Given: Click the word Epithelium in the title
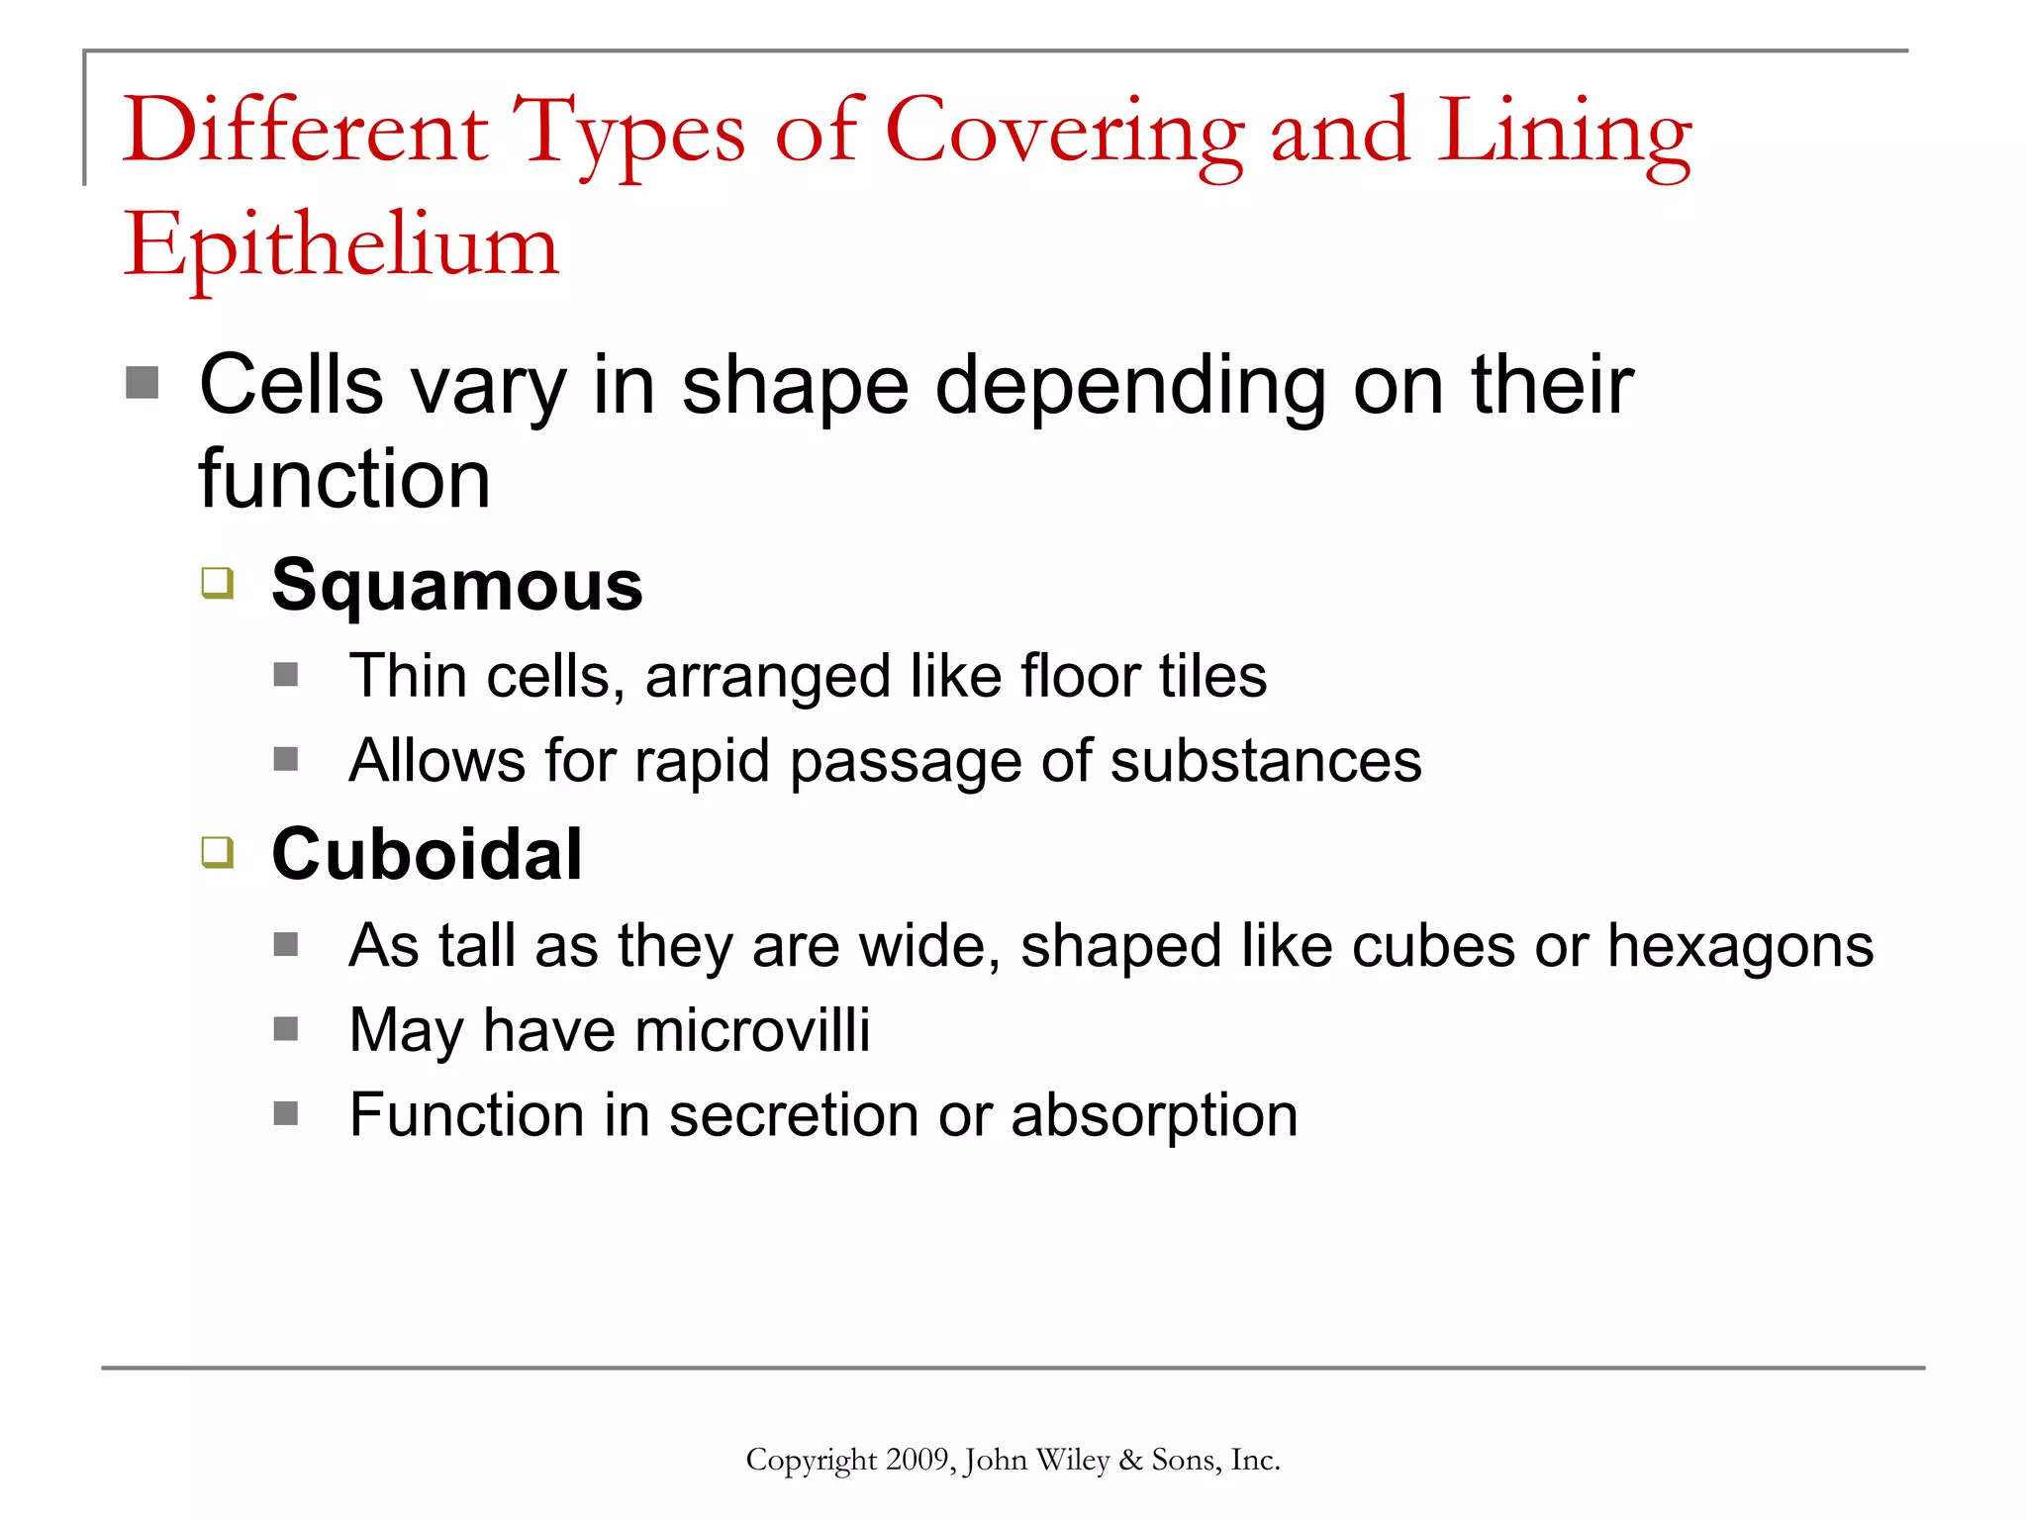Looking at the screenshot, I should pyautogui.click(x=341, y=245).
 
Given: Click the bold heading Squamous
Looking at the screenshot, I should pyautogui.click(x=457, y=585).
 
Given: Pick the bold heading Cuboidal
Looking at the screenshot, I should pyautogui.click(x=427, y=854).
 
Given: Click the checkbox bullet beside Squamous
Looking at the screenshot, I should pyautogui.click(x=218, y=583).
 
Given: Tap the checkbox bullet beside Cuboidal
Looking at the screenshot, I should pyautogui.click(x=218, y=852).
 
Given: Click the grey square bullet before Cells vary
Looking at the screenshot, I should pyautogui.click(x=143, y=383).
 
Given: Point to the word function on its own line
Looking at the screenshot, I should pyautogui.click(x=344, y=479).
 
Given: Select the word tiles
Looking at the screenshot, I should pyautogui.click(x=1212, y=676).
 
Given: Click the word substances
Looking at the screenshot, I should pyautogui.click(x=1266, y=761).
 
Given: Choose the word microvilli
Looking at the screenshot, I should pyautogui.click(x=753, y=1030).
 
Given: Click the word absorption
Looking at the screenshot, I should pyautogui.click(x=1154, y=1115).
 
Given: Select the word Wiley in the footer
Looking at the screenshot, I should pyautogui.click(x=1072, y=1460).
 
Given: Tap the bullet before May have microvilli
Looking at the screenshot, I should pyautogui.click(x=286, y=1029).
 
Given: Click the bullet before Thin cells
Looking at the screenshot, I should pyautogui.click(x=286, y=675).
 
